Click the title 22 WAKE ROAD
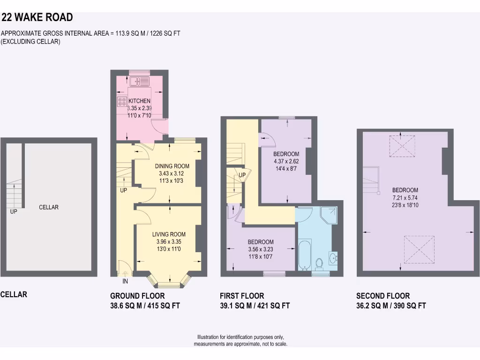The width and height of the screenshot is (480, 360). pyautogui.click(x=37, y=18)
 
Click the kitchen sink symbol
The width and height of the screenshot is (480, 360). pyautogui.click(x=140, y=81)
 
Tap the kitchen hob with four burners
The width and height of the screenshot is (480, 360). pyautogui.click(x=121, y=101)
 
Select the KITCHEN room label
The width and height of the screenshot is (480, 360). pyautogui.click(x=140, y=101)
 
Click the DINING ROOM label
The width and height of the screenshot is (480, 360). pyautogui.click(x=172, y=166)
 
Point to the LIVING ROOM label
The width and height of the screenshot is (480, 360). pyautogui.click(x=169, y=234)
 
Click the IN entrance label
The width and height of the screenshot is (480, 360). pyautogui.click(x=125, y=281)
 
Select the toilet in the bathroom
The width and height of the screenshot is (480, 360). pyautogui.click(x=320, y=264)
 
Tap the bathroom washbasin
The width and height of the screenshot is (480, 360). pyautogui.click(x=333, y=257)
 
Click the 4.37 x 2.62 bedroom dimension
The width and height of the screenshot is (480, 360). pyautogui.click(x=286, y=161)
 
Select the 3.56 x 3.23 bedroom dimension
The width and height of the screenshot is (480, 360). pyautogui.click(x=261, y=249)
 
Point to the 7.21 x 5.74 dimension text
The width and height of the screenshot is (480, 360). pyautogui.click(x=405, y=197)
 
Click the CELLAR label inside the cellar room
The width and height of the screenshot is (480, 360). pyautogui.click(x=49, y=207)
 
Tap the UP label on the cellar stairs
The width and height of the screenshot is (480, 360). pyautogui.click(x=14, y=212)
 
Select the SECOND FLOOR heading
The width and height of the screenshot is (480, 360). pyautogui.click(x=383, y=296)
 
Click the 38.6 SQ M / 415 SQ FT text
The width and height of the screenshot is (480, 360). pyautogui.click(x=145, y=306)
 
